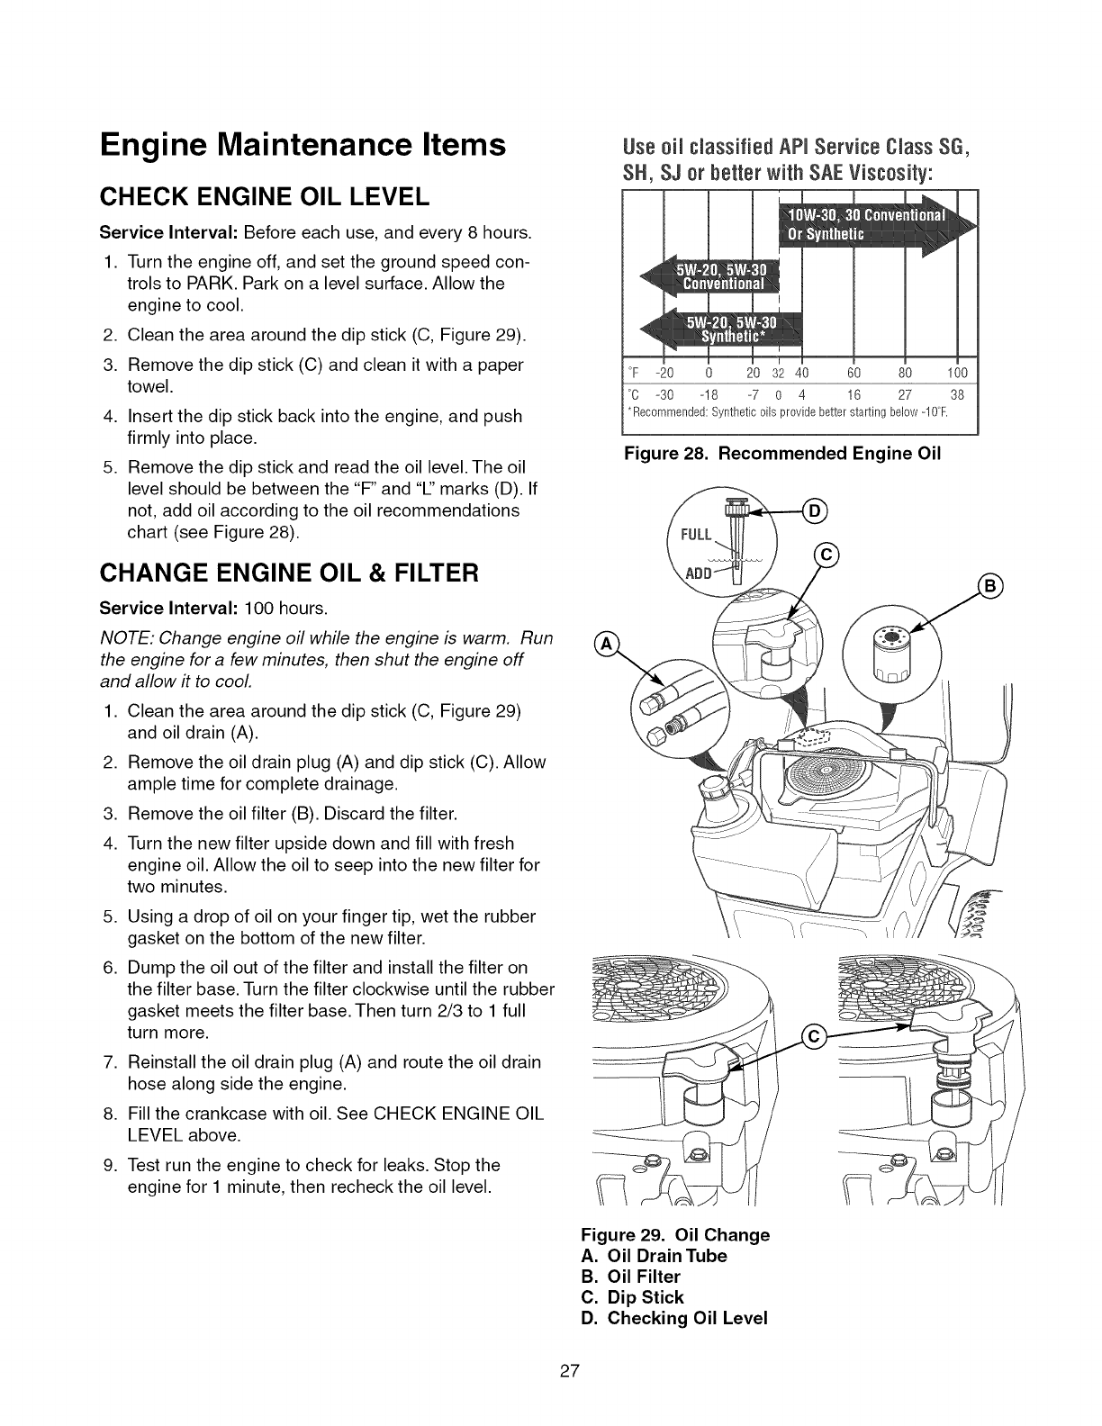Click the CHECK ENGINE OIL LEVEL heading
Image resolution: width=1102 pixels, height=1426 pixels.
coord(261,195)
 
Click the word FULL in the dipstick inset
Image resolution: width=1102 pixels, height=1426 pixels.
coord(696,535)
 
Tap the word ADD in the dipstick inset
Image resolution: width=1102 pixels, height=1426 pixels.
coord(699,575)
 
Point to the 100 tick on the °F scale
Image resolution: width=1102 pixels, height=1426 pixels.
coord(957,374)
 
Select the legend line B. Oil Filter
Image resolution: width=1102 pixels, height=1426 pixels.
coord(631,1277)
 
